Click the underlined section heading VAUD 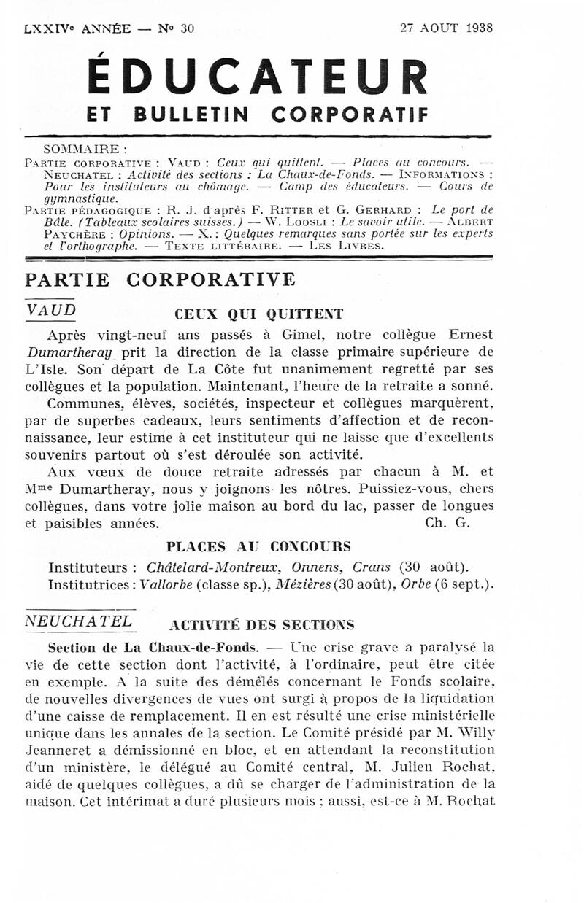pos(50,309)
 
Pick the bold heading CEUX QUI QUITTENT pos(258,314)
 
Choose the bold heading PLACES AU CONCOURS pos(258,546)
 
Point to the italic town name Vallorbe pos(167,584)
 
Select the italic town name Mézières pos(299,584)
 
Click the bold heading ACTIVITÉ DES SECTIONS pos(261,625)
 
